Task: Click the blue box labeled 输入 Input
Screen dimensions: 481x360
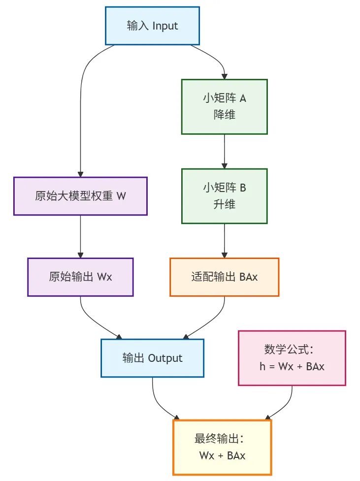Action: point(152,26)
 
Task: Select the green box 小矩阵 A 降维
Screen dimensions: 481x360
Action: point(224,106)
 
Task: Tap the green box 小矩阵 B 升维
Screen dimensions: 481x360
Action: point(224,196)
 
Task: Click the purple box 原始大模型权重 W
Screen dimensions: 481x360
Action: point(80,196)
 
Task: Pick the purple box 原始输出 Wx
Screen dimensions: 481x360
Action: point(80,277)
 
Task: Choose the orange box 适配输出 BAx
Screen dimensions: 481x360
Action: point(224,277)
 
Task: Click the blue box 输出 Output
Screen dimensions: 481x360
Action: point(152,358)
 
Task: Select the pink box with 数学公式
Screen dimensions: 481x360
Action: point(292,358)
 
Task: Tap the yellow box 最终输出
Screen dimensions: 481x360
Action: point(222,447)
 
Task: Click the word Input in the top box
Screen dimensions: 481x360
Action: point(165,26)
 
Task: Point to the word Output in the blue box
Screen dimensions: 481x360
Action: point(165,358)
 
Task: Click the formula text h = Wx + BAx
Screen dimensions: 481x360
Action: point(292,366)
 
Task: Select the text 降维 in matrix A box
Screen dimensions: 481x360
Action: point(224,115)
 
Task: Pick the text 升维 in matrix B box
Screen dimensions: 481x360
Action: point(224,204)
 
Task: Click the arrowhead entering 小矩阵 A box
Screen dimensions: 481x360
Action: point(224,76)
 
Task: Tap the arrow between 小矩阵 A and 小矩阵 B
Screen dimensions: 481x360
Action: point(224,151)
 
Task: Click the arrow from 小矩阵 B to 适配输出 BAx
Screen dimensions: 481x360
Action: point(224,241)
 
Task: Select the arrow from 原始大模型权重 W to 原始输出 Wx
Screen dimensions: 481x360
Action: point(80,236)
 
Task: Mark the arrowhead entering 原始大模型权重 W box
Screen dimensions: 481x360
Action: point(80,174)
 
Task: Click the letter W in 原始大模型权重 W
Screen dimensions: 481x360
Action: point(121,196)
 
